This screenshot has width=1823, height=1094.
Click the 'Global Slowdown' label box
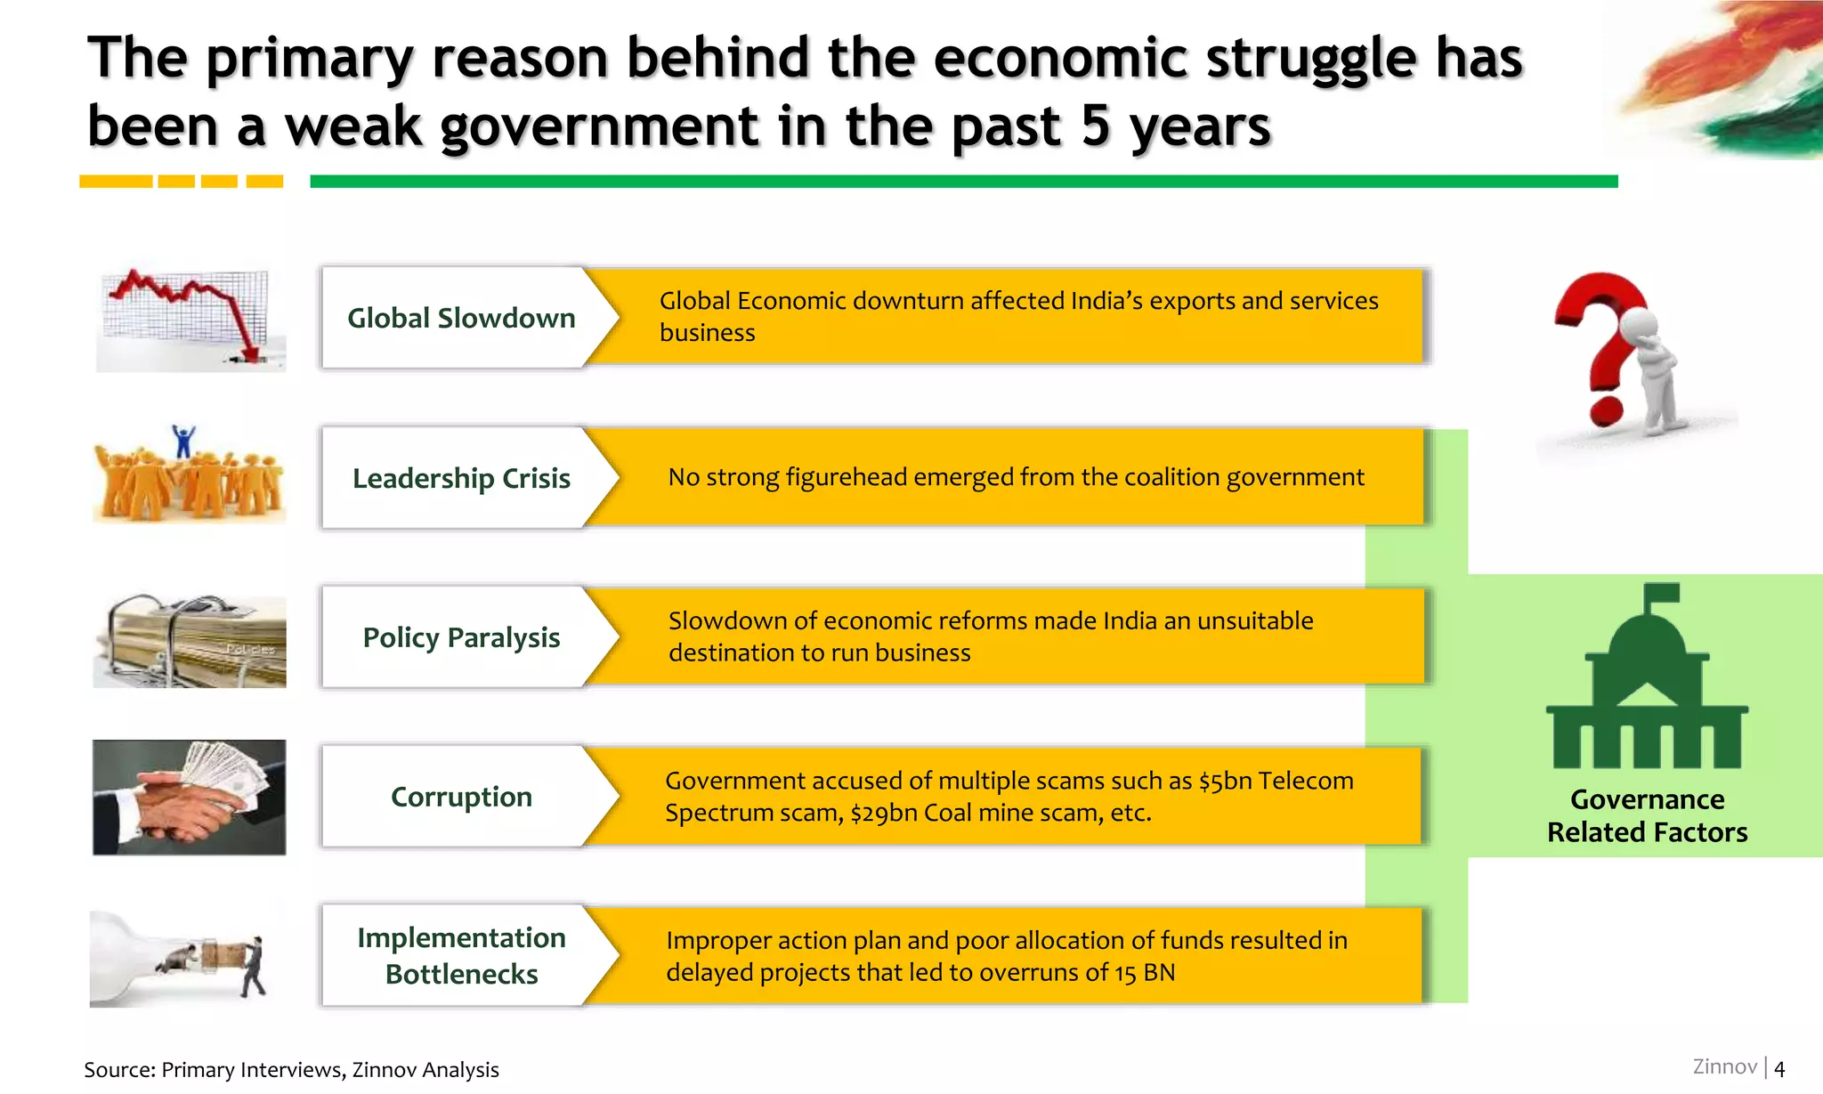click(460, 318)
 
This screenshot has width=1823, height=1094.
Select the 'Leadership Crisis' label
click(460, 478)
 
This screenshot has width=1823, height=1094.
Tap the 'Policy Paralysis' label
click(460, 637)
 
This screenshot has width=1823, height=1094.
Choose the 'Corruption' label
click(460, 797)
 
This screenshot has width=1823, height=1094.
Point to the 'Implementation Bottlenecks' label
click(460, 955)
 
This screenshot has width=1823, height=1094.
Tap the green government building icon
click(1647, 681)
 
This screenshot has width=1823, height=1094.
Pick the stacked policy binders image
click(190, 641)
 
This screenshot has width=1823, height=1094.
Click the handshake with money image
click(190, 798)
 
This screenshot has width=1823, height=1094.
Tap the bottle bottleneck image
click(178, 958)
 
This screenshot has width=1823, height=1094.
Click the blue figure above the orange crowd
click(183, 441)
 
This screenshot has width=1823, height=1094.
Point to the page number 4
click(1779, 1068)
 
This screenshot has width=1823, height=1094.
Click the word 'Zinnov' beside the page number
click(1724, 1066)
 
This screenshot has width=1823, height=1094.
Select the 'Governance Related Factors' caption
click(1647, 815)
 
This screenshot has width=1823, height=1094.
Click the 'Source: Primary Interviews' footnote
click(291, 1069)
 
